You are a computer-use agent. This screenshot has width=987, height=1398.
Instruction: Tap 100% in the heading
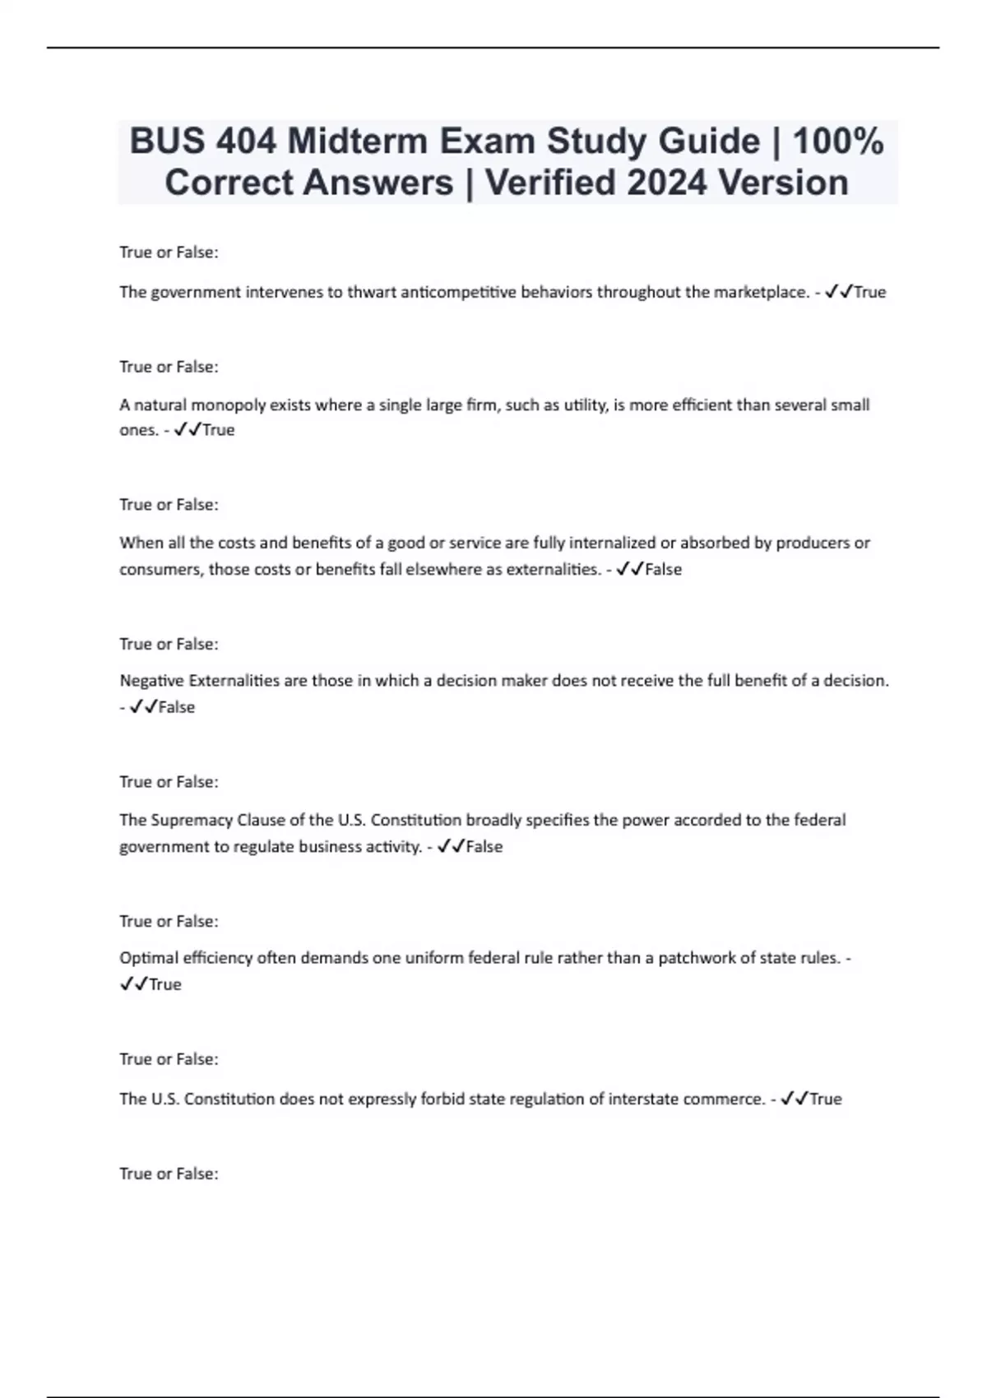pyautogui.click(x=838, y=141)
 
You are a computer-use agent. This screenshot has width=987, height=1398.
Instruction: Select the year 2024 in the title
pyautogui.click(x=666, y=183)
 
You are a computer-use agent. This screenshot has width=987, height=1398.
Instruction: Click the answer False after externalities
pyautogui.click(x=664, y=569)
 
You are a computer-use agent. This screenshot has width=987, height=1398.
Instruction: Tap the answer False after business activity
pyautogui.click(x=484, y=846)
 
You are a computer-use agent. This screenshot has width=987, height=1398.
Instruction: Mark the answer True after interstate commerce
pyautogui.click(x=826, y=1099)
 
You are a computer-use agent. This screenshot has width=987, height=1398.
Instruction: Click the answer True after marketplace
pyautogui.click(x=870, y=292)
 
